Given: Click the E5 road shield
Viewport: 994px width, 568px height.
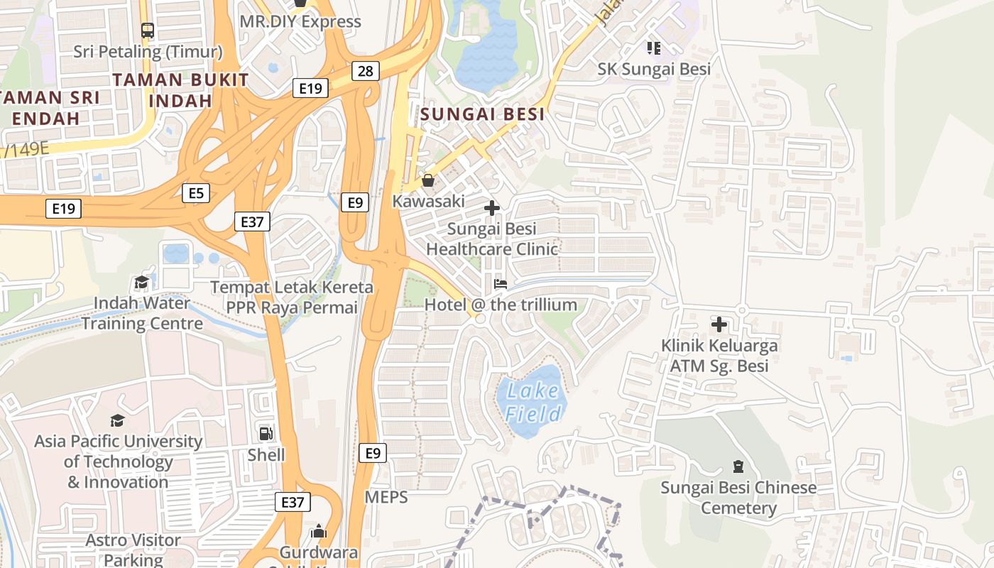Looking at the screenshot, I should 195,192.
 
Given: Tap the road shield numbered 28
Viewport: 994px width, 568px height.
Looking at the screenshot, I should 365,71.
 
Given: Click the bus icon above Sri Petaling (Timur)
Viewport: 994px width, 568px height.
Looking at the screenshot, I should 148,31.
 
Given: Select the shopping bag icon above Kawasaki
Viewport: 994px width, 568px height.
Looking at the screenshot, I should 427,180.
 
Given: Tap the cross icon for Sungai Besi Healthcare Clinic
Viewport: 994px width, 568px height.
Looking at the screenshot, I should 491,208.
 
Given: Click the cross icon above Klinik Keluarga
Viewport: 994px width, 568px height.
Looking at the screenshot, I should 719,324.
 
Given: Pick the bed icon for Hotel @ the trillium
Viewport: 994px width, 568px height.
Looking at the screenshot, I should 501,284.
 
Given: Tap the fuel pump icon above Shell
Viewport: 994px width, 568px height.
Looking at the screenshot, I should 266,433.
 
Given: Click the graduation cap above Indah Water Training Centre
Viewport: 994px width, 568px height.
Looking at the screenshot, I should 141,282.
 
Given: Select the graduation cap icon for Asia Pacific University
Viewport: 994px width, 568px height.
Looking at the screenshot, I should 117,420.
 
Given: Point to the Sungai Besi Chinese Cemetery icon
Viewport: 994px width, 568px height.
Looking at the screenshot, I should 738,466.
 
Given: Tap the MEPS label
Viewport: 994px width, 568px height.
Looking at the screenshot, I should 386,497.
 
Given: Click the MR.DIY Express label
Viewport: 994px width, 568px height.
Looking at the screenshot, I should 300,21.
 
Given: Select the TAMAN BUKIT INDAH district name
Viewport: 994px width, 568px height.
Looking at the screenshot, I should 180,90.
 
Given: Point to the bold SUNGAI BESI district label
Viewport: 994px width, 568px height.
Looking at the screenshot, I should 482,114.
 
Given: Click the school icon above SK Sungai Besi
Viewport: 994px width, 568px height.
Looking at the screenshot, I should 654,48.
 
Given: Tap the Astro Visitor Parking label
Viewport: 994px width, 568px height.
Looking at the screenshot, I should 133,550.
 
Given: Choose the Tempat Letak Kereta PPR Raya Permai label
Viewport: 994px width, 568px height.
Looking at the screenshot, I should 291,297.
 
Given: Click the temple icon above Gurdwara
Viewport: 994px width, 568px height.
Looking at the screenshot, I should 319,531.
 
